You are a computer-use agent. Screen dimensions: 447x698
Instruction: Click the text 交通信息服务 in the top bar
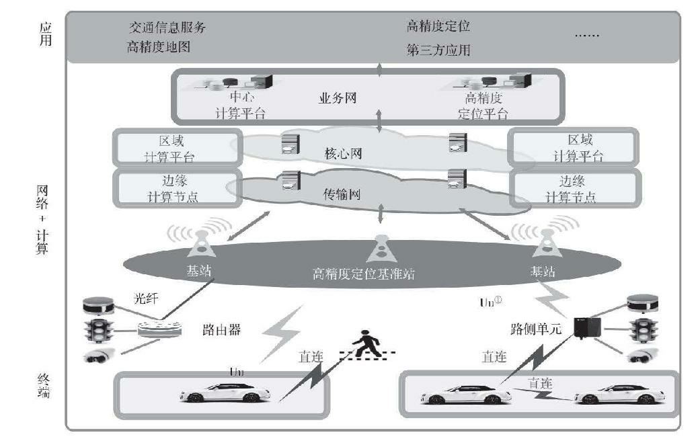point(167,28)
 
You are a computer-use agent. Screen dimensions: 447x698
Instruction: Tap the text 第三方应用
point(438,50)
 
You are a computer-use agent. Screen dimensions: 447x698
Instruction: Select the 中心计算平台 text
point(241,106)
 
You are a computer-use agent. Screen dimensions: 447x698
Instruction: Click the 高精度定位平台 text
point(482,106)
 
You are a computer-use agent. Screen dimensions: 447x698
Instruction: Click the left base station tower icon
point(202,244)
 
